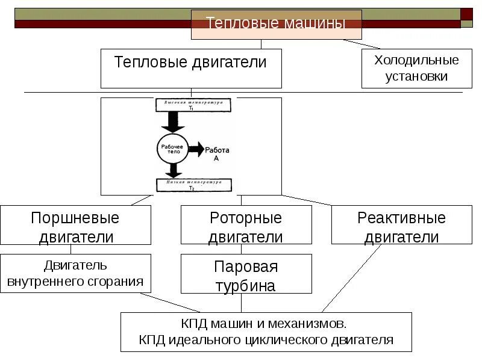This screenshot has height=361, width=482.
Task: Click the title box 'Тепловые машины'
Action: tap(276, 24)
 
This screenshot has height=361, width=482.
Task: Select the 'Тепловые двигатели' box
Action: tap(190, 68)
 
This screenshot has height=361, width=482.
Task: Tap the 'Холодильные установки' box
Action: tap(416, 69)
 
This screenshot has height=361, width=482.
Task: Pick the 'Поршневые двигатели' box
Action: tap(75, 226)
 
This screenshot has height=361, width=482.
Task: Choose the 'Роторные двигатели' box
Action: tap(246, 226)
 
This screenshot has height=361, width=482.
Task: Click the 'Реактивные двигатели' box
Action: tap(401, 226)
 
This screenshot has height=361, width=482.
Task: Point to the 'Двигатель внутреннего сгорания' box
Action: tap(75, 273)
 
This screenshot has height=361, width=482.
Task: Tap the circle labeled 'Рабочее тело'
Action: tap(174, 148)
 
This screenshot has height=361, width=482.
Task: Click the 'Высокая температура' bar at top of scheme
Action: tap(190, 104)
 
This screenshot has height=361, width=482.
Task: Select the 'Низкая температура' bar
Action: tap(190, 184)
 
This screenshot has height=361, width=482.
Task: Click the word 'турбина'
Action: tap(246, 285)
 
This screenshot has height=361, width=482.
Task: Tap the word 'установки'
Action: tap(416, 76)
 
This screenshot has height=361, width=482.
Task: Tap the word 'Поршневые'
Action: tap(75, 218)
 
